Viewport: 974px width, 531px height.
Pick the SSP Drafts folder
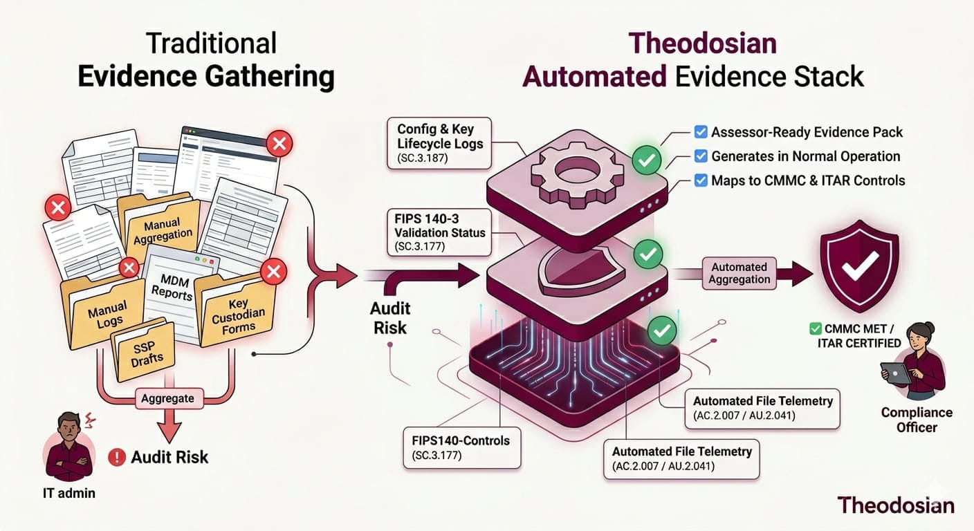(x=146, y=352)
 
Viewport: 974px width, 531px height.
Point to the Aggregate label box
(x=167, y=398)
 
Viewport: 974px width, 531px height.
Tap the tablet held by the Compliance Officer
(x=897, y=374)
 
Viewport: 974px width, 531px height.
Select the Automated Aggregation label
(x=739, y=273)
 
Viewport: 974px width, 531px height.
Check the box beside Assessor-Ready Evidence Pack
(x=699, y=132)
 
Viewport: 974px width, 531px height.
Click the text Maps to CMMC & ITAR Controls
(x=808, y=180)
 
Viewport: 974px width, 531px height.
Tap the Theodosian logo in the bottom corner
(x=895, y=504)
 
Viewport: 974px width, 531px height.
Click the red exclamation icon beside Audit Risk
(x=118, y=456)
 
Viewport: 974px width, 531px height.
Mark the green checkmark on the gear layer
(x=647, y=161)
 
